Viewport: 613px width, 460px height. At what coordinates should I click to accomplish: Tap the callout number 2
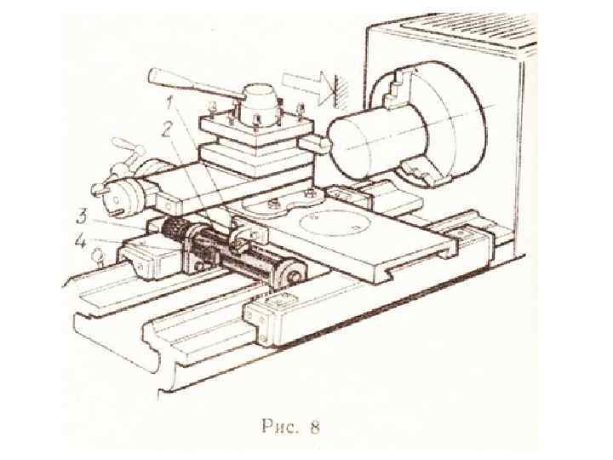(x=165, y=130)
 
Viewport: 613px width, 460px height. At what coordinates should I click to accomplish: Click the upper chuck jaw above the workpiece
(x=397, y=87)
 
